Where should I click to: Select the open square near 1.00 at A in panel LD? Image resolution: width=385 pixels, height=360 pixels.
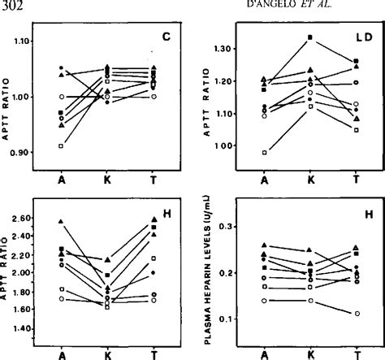265,152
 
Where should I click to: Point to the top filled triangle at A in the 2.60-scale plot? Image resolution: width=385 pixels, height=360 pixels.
62,221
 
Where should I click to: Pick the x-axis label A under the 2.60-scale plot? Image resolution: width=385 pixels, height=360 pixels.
62,354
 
